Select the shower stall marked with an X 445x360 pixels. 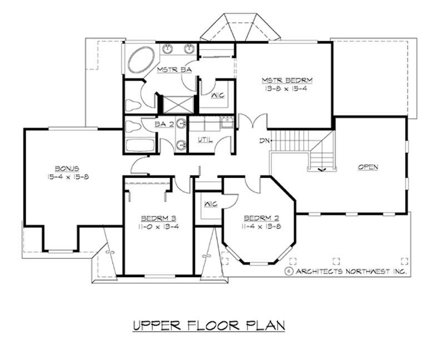coord(172,104)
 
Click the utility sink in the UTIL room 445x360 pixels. coord(226,122)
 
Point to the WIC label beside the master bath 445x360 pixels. coord(217,95)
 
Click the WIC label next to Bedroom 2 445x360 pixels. coord(210,203)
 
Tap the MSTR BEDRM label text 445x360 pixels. coord(282,80)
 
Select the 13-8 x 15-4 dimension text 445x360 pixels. coord(282,89)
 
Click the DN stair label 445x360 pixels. coord(264,141)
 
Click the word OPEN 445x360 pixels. coord(368,166)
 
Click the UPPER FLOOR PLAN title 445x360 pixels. coord(209,325)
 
